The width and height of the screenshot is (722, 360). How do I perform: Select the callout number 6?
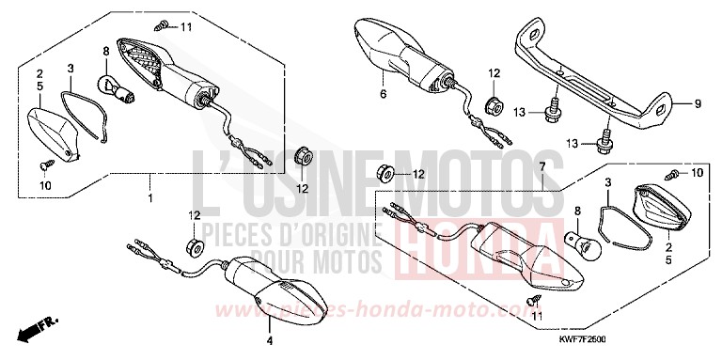pyautogui.click(x=384, y=95)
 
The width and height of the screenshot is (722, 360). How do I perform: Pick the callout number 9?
pyautogui.click(x=698, y=103)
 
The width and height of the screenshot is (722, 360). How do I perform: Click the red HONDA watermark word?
pyautogui.click(x=460, y=248)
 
